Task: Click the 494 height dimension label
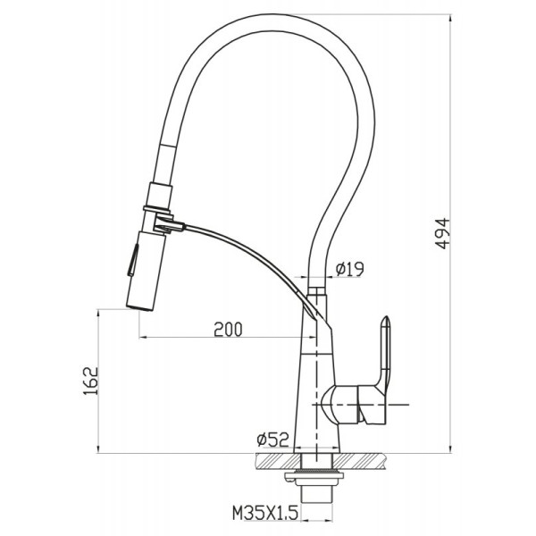click(443, 233)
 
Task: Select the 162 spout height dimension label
click(90, 381)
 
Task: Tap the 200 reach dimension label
click(228, 330)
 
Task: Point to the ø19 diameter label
click(349, 269)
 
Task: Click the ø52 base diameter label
click(272, 440)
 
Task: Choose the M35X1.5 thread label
click(265, 513)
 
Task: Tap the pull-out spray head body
click(146, 271)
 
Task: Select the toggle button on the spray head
click(133, 260)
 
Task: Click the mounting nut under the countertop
click(314, 475)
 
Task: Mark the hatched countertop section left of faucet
click(274, 462)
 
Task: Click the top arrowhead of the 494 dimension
click(450, 18)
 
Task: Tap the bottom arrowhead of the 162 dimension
click(98, 449)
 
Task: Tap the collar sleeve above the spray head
click(159, 195)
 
